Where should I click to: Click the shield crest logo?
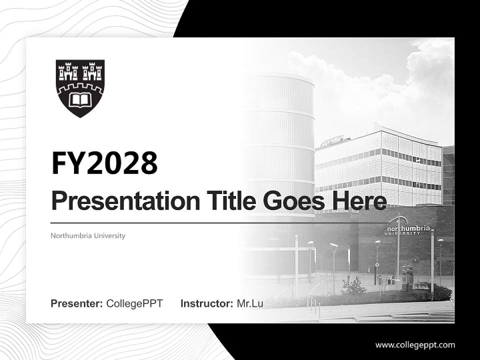(x=80, y=88)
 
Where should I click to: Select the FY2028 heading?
(x=104, y=163)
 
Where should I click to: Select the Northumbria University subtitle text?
(x=88, y=235)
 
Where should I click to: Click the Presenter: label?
(x=77, y=303)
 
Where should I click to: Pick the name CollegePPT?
(x=134, y=303)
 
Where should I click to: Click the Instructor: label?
(x=206, y=303)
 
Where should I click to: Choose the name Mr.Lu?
(x=250, y=303)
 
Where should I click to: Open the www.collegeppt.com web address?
(x=415, y=345)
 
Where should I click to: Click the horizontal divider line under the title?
(x=220, y=223)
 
